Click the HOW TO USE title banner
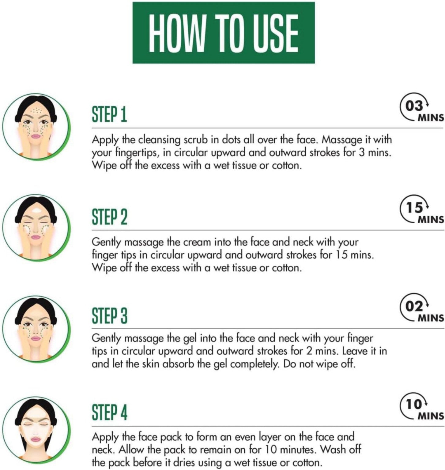224,33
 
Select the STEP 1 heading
109,115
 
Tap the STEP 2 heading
109,217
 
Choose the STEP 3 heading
109,315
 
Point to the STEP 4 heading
109,412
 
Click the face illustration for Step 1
36,127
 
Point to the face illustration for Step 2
36,229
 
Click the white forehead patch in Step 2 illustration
37,211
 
